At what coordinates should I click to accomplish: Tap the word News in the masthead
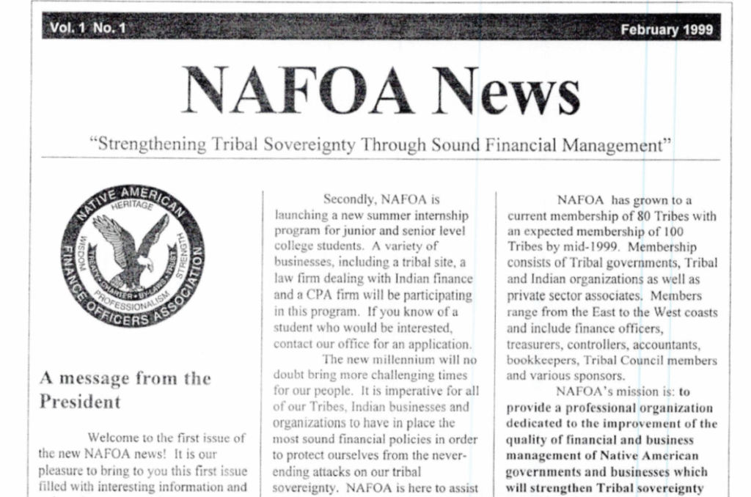coord(504,92)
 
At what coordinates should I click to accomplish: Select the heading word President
coord(80,402)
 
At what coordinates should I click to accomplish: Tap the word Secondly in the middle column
coord(351,199)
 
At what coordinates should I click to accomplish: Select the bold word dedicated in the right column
coord(537,424)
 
